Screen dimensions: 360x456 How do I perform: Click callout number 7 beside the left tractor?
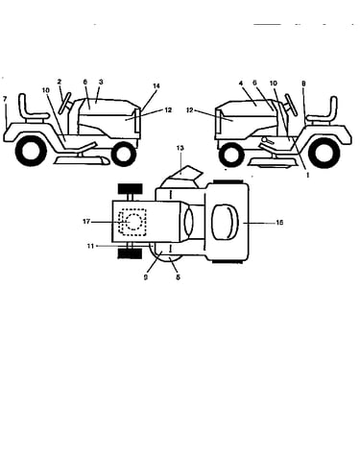pyautogui.click(x=5, y=99)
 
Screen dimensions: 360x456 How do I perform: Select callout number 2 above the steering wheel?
pyautogui.click(x=60, y=82)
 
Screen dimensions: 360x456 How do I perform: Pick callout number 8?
pyautogui.click(x=303, y=84)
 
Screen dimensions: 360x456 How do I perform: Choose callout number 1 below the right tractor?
pyautogui.click(x=308, y=175)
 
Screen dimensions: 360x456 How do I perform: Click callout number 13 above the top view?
pyautogui.click(x=180, y=148)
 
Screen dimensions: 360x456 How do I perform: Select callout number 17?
pyautogui.click(x=86, y=222)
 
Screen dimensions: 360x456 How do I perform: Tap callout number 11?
pyautogui.click(x=90, y=246)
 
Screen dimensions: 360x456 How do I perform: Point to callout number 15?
pyautogui.click(x=279, y=223)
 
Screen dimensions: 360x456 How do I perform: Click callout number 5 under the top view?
pyautogui.click(x=178, y=277)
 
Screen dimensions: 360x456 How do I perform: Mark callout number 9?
pyautogui.click(x=146, y=277)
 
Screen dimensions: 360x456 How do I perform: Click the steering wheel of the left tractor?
pyautogui.click(x=65, y=103)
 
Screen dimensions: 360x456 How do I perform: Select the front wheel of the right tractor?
pyautogui.click(x=230, y=155)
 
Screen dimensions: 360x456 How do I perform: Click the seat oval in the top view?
pyautogui.click(x=226, y=223)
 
